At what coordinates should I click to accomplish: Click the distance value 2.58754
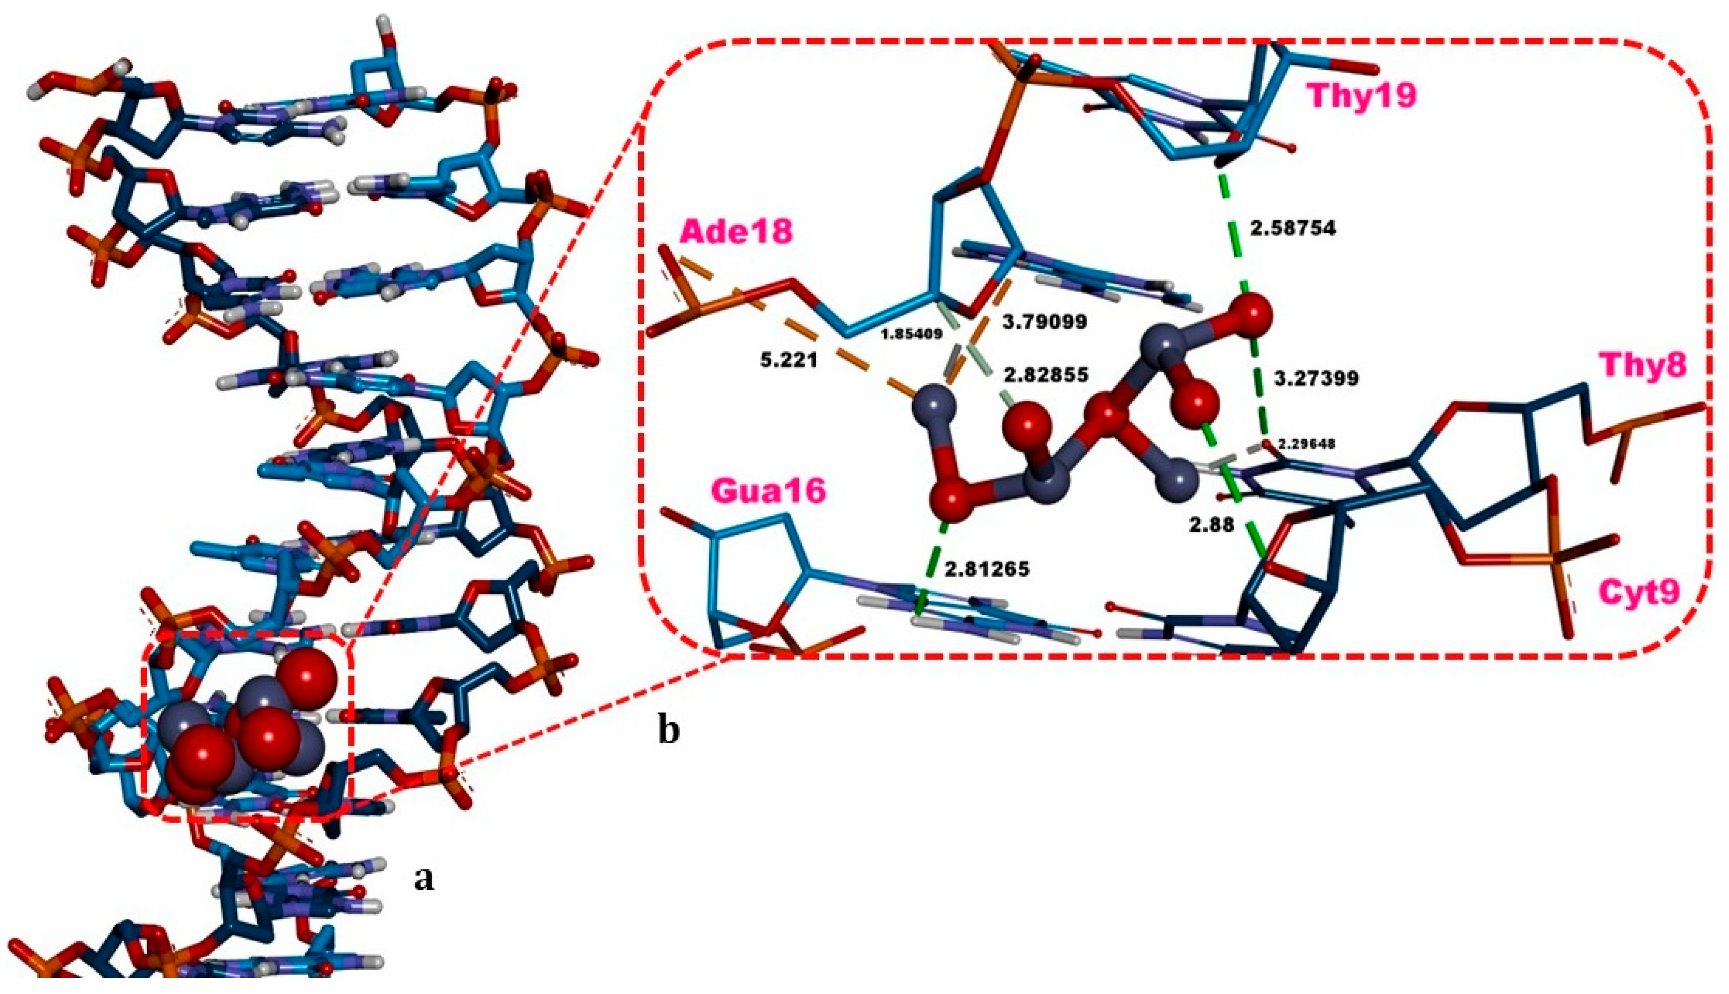1292,229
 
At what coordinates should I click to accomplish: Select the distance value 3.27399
1317,378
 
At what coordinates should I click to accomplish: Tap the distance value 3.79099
1044,321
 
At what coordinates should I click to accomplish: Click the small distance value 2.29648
1306,444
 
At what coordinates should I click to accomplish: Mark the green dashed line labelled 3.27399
1258,382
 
